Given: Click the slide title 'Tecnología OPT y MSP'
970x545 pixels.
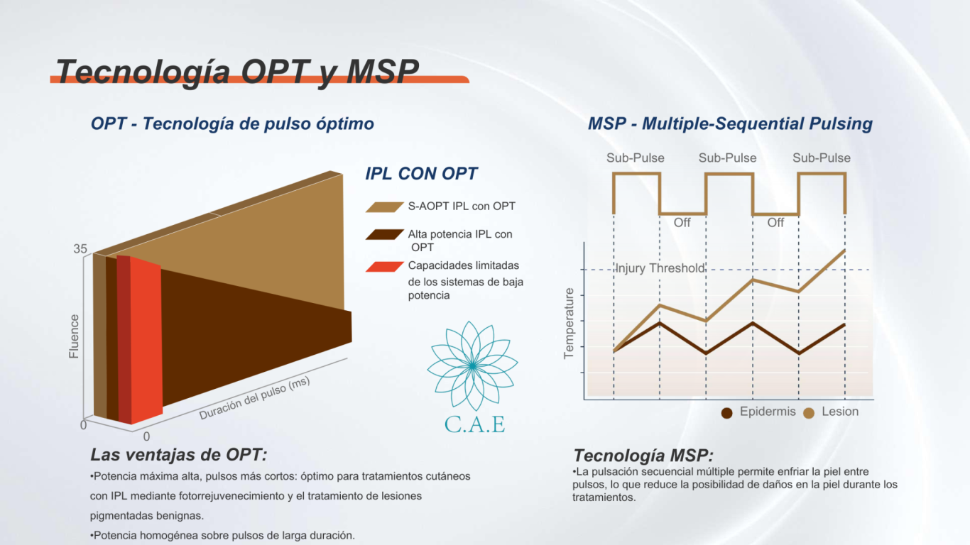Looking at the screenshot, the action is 237,71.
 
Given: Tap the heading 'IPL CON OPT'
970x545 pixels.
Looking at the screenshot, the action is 421,174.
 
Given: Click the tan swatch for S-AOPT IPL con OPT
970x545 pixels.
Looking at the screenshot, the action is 385,207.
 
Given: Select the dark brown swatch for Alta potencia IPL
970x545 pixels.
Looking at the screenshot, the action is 385,235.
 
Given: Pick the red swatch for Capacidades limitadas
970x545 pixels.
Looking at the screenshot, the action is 385,267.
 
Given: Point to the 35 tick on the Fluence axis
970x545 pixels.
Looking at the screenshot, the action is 80,249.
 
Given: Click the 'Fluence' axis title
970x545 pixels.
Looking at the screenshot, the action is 74,336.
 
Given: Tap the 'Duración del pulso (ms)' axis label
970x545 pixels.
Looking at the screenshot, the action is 255,397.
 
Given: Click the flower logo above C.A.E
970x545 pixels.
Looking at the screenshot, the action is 472,365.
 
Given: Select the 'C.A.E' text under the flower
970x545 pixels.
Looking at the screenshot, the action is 474,424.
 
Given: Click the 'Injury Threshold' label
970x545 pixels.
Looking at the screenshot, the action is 660,268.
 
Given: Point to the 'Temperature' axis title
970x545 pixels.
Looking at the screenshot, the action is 569,324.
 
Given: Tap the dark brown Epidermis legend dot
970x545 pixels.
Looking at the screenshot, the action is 726,413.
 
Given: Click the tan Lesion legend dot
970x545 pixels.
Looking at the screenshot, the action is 809,413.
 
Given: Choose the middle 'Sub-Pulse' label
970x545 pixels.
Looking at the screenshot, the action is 727,158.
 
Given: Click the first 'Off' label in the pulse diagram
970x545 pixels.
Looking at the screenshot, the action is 682,223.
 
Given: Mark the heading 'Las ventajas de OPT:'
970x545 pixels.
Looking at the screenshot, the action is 178,455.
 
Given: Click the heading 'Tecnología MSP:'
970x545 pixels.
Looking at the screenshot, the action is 643,456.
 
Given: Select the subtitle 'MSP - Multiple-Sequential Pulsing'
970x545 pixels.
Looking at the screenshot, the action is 730,123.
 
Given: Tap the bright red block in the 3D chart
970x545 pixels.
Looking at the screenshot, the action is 146,340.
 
